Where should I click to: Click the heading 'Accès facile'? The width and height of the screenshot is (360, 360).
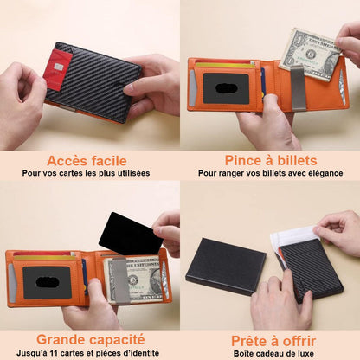[87, 161]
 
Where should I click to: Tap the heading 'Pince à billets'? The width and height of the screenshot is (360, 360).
[270, 161]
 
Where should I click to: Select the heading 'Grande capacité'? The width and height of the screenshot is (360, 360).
[87, 340]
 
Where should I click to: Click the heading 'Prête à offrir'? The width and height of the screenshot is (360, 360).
[270, 340]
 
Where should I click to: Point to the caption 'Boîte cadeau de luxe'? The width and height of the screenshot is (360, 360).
[270, 354]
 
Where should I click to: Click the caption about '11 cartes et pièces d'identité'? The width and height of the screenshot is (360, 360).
[87, 354]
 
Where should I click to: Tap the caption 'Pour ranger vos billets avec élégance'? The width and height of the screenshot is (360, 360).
[270, 174]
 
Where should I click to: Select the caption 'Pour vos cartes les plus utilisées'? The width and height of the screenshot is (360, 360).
[87, 174]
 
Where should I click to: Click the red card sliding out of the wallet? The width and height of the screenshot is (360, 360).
[58, 69]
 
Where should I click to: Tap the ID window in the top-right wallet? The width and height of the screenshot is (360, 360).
[226, 88]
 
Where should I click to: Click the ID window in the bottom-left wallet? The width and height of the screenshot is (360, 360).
[47, 282]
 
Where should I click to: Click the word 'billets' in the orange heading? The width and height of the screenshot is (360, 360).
[295, 161]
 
